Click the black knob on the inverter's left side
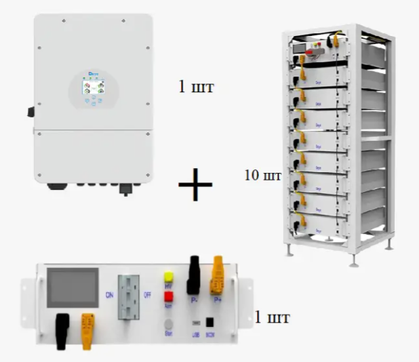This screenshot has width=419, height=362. (x=32, y=111)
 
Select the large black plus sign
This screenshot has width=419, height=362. (x=195, y=185)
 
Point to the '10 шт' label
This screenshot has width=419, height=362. (x=262, y=175)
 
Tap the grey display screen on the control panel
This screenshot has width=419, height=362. (x=71, y=287)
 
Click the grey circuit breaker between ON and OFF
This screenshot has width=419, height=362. (x=129, y=298)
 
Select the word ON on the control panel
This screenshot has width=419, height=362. (x=108, y=295)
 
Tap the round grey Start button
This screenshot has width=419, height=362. (x=167, y=324)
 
